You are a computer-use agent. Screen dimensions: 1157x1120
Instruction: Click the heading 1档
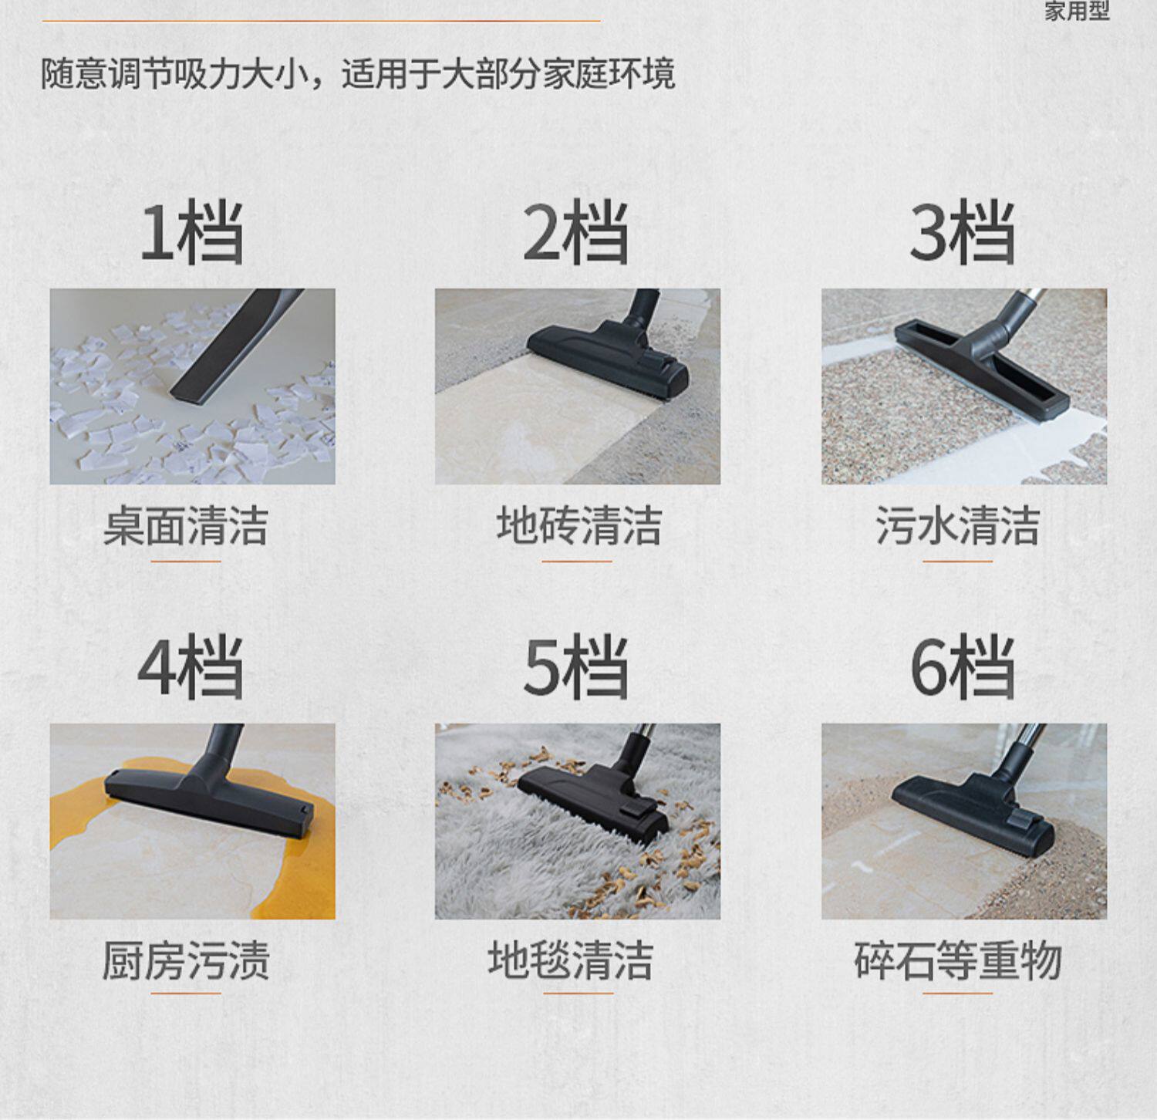192,232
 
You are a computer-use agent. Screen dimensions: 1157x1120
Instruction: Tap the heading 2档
576,232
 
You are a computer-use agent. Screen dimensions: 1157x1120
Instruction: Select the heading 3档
963,232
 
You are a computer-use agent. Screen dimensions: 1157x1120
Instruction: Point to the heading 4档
191,667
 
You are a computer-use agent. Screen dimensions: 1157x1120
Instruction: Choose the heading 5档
576,667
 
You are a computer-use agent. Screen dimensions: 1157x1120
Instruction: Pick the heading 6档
963,667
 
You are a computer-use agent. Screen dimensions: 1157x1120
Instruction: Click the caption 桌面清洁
186,526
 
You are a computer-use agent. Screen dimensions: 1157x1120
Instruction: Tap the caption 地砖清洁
579,526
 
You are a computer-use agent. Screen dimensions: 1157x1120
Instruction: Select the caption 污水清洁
958,526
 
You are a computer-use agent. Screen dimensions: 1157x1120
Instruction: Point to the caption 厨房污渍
186,960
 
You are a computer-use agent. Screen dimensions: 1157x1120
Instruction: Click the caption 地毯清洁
571,960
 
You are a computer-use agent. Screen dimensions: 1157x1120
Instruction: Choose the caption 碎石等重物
958,960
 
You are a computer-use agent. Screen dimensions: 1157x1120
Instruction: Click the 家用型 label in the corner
1078,11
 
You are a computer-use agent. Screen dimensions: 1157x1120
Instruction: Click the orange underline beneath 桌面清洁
186,562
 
